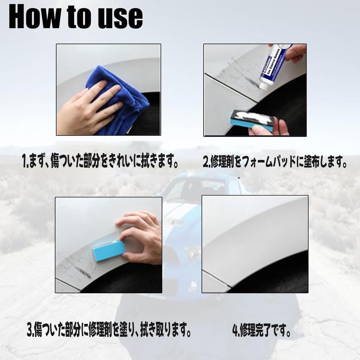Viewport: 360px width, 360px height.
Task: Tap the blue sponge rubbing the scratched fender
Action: pos(109,250)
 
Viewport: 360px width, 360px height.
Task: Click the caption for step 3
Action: pos(109,331)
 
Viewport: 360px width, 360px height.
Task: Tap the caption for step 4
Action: pos(262,331)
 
